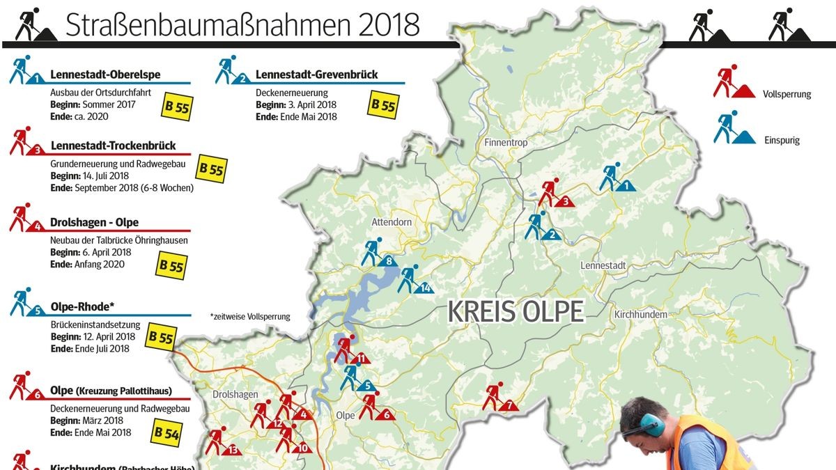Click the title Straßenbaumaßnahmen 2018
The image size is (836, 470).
pos(242,24)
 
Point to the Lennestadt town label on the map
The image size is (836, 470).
pos(603,265)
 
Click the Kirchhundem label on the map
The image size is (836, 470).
pos(640,315)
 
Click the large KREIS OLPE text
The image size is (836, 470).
pos(516,312)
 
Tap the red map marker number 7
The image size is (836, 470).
pos(499,399)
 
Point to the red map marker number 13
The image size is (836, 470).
pos(222,443)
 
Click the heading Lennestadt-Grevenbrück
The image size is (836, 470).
pos(316,75)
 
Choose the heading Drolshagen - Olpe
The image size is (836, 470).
pos(95,223)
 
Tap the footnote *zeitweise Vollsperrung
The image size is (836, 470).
pos(249,317)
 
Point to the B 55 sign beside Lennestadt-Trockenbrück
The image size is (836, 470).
pos(212,169)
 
